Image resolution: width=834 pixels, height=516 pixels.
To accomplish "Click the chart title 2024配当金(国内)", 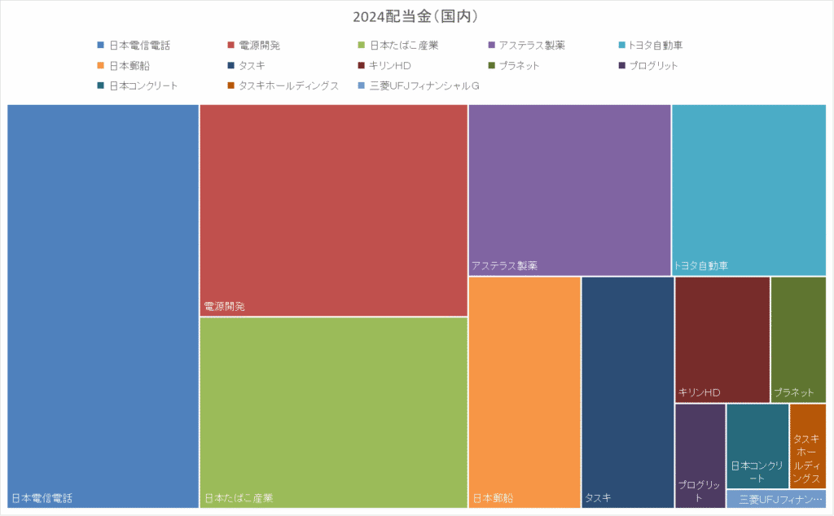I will tap(415, 16).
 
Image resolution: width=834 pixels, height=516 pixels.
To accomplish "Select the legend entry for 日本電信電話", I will tap(138, 46).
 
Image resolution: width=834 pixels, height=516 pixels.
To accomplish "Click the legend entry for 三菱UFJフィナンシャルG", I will tap(424, 85).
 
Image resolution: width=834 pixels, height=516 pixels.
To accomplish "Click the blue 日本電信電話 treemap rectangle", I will tap(103, 301).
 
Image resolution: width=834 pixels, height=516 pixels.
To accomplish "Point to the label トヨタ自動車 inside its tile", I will tap(701, 266).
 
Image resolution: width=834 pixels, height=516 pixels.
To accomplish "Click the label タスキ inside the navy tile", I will tap(597, 498).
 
